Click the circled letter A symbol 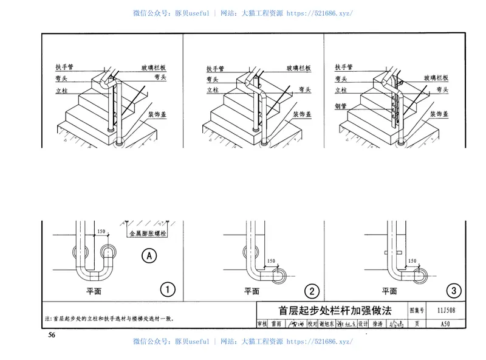(x=148, y=256)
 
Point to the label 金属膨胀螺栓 (x=148, y=233)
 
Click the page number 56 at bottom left (x=52, y=335)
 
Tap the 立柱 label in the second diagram (x=213, y=90)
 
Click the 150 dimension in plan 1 (x=100, y=232)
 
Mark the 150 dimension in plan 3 (x=412, y=260)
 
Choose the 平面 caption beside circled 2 (x=252, y=292)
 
